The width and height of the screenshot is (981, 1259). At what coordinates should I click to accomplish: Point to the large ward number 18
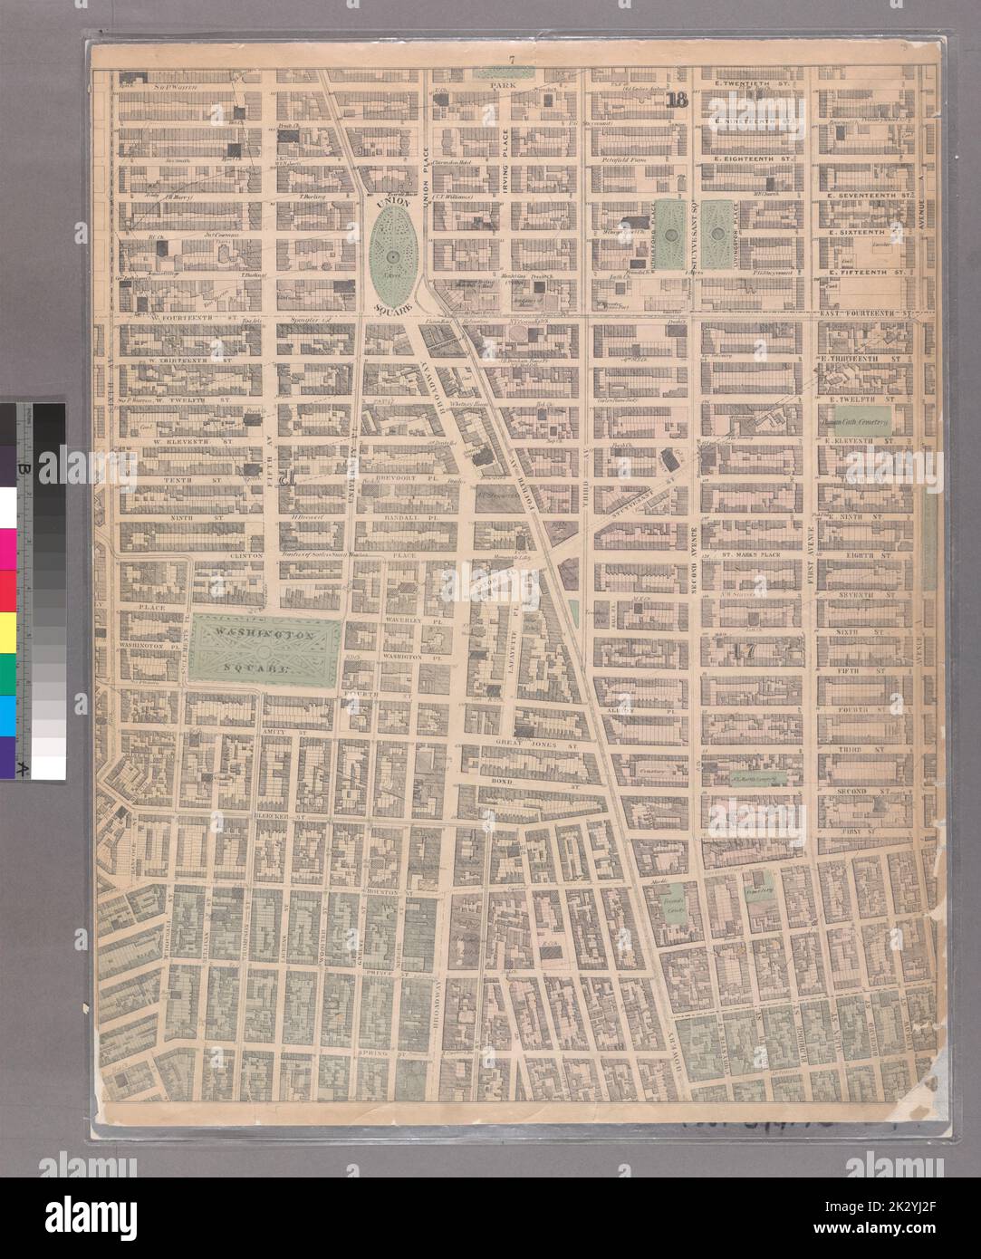click(x=677, y=101)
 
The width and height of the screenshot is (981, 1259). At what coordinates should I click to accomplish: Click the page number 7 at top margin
click(x=512, y=61)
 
